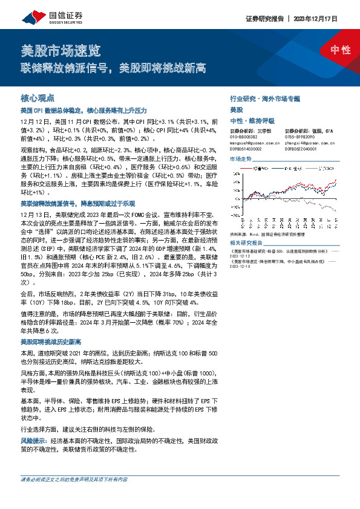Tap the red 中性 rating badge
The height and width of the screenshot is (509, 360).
click(x=341, y=50)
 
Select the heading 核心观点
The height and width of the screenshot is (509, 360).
click(x=38, y=97)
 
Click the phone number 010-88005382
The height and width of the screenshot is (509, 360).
click(x=244, y=137)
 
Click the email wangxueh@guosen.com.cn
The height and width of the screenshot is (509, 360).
click(x=252, y=143)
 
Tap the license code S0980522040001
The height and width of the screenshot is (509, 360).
click(x=301, y=149)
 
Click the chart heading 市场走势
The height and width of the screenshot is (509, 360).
click(x=240, y=158)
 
